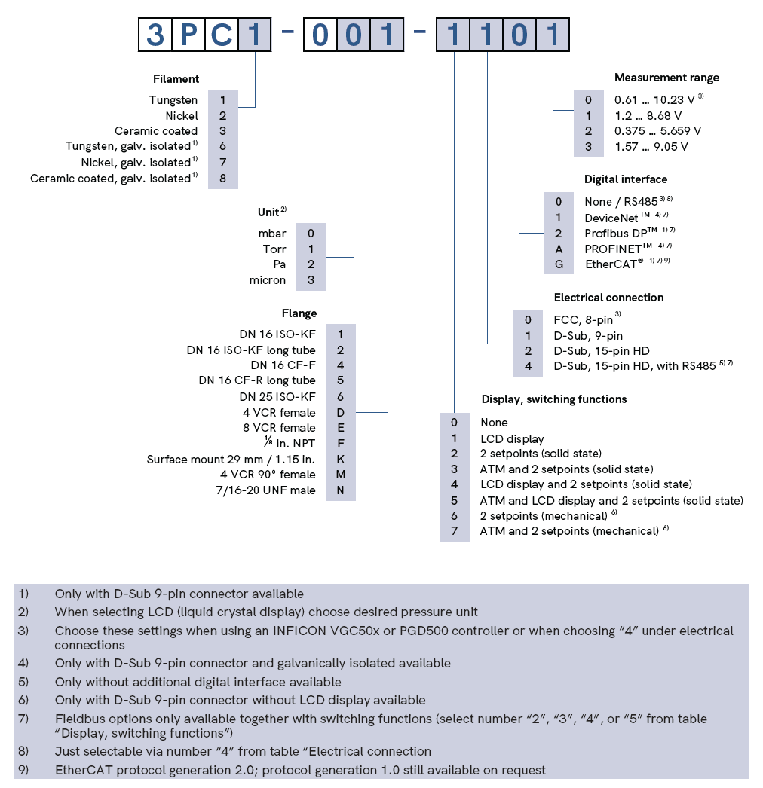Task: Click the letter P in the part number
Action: (188, 35)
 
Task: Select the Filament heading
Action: (176, 78)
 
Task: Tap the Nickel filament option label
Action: (182, 115)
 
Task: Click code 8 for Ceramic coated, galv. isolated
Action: (222, 179)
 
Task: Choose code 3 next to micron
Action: (311, 280)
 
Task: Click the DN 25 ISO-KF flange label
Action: (277, 396)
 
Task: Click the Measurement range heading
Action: (666, 78)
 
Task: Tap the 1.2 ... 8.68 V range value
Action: (648, 115)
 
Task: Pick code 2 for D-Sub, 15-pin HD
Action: (529, 350)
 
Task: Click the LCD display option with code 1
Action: (512, 438)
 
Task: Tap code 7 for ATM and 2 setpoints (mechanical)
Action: (454, 531)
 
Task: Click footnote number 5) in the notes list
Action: (24, 682)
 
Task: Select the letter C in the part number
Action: (221, 35)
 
